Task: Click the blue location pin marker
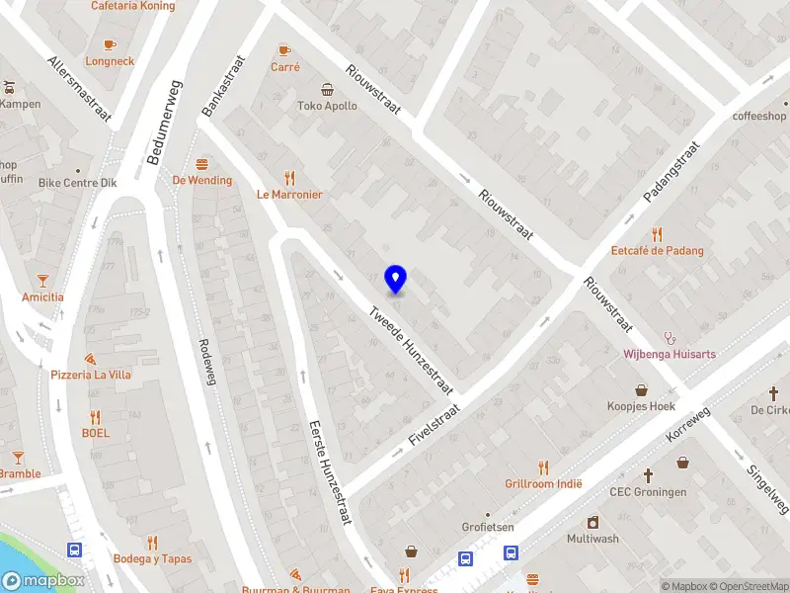(396, 280)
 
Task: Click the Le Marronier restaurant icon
(289, 178)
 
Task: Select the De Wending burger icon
(202, 164)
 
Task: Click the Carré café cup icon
(284, 49)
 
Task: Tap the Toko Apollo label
(328, 106)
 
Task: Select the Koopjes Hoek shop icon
(641, 389)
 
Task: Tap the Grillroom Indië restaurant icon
(543, 467)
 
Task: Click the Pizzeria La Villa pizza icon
(90, 359)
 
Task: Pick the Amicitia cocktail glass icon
(43, 281)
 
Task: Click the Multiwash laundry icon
(592, 522)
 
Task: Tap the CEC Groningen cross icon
(648, 475)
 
